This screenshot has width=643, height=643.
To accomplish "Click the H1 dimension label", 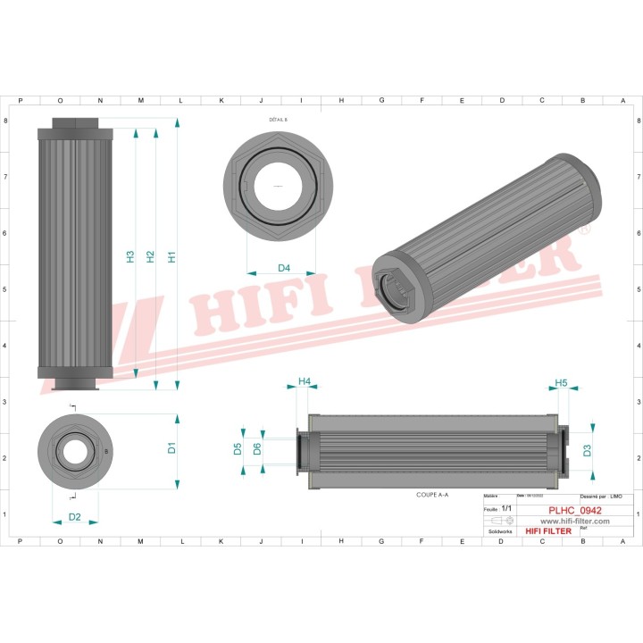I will coord(171,256).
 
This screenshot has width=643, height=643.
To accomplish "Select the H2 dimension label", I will coord(151,256).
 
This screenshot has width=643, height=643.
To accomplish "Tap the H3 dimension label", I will coord(130,256).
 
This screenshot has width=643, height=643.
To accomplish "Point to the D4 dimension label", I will coord(284,268).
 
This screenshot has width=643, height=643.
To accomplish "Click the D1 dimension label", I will coord(171,448).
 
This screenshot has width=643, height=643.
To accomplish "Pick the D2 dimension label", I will coord(75,517).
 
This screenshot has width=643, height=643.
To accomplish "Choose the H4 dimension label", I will coord(304,381).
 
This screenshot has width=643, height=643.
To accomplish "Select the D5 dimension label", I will coord(238,448).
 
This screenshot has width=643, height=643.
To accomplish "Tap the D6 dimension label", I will coord(257,448).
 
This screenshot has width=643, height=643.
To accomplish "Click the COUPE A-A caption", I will coord(432,494).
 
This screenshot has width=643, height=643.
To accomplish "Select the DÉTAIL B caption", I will coord(279,119).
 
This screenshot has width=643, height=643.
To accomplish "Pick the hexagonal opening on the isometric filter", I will coord(396,289).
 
